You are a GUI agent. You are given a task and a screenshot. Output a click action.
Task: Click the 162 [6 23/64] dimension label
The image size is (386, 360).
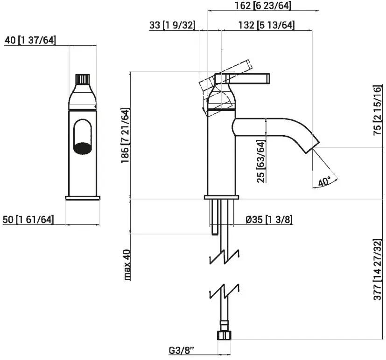click(x=263, y=6)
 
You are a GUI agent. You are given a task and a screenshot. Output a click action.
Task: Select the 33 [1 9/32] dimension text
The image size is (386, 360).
click(x=172, y=25)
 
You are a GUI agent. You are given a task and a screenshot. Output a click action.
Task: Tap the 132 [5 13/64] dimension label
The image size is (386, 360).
click(x=267, y=25)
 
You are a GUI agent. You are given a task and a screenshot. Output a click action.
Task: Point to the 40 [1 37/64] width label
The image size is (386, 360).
click(x=30, y=40)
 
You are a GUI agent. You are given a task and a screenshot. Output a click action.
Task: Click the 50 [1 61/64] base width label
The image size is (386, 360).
click(x=28, y=219)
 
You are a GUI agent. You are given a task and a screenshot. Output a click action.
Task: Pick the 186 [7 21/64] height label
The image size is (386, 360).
click(x=125, y=136)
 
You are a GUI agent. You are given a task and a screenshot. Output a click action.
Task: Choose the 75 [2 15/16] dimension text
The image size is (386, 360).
click(x=378, y=111)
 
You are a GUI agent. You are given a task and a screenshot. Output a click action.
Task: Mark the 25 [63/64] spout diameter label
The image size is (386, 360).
click(x=261, y=161)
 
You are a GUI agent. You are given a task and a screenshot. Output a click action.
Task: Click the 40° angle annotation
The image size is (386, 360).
click(x=324, y=182)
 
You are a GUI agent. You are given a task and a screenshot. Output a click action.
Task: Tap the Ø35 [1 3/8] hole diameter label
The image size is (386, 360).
click(x=269, y=219)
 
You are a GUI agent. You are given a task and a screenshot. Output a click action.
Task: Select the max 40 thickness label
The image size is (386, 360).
click(x=127, y=265)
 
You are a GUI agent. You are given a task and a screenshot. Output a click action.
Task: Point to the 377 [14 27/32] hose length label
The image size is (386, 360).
click(x=378, y=270)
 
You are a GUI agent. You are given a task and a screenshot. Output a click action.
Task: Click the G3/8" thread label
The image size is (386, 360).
click(x=182, y=351)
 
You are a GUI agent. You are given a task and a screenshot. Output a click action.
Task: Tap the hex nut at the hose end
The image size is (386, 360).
click(x=224, y=335)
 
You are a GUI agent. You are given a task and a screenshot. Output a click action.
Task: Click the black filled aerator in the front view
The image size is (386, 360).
click(x=83, y=148)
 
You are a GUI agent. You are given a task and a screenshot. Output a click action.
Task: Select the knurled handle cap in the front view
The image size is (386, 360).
click(x=83, y=79)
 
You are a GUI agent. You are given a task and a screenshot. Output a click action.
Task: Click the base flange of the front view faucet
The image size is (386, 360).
click(x=83, y=198)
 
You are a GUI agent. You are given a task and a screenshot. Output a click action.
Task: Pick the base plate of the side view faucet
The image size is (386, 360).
click(x=222, y=197)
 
